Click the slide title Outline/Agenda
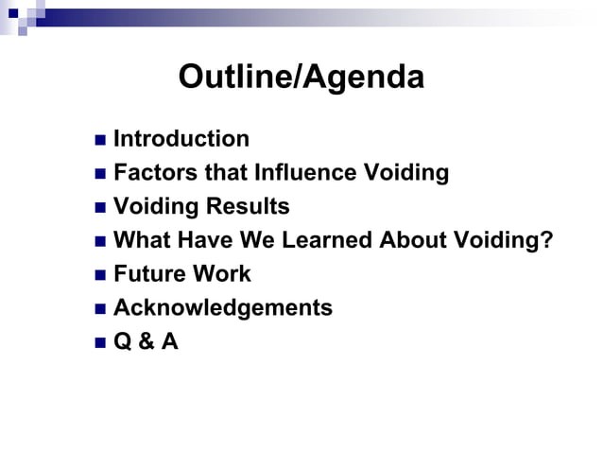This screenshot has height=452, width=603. pyautogui.click(x=301, y=78)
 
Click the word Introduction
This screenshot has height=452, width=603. pyautogui.click(x=181, y=139)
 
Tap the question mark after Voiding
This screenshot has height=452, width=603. pyautogui.click(x=546, y=240)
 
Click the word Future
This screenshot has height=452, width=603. pyautogui.click(x=149, y=274)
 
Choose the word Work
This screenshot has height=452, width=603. pyautogui.click(x=222, y=274)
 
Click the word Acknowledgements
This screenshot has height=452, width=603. pyautogui.click(x=223, y=308)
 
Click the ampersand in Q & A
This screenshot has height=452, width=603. pyautogui.click(x=146, y=341)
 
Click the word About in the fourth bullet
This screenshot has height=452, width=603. pyautogui.click(x=412, y=240)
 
